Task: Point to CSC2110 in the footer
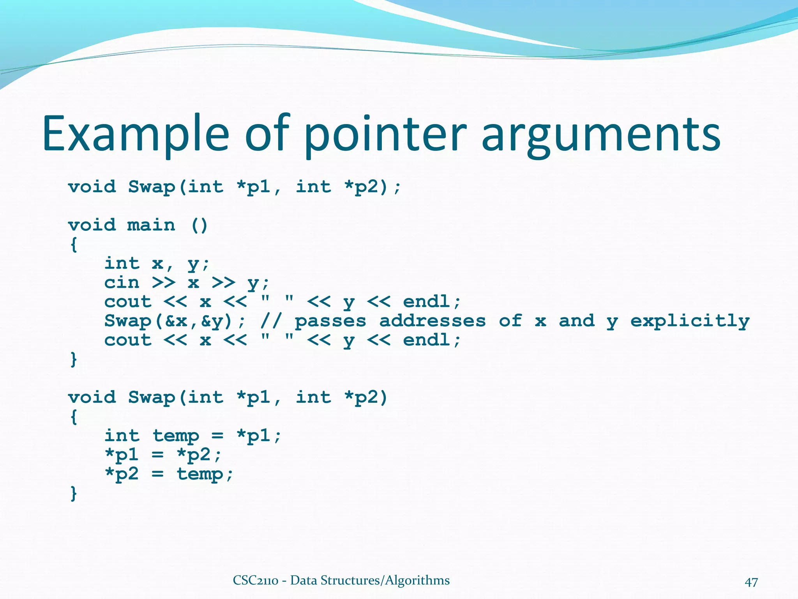coord(255,581)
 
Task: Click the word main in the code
coord(151,225)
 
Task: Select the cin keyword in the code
coord(122,282)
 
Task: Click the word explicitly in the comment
coord(690,321)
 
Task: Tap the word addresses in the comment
coord(433,321)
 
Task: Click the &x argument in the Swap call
coord(176,321)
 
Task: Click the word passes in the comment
coord(330,321)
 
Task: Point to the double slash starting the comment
coord(271,321)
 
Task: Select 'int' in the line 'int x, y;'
coord(122,263)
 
